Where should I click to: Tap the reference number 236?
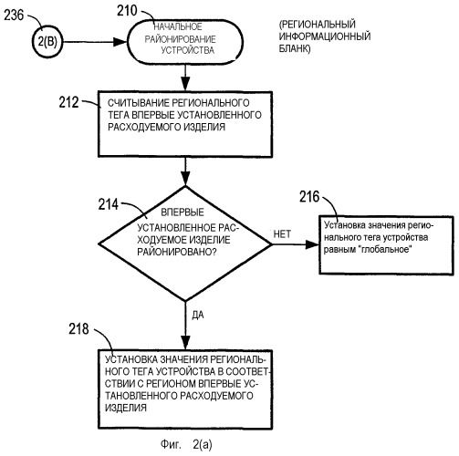pos(14,15)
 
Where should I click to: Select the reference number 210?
pos(127,11)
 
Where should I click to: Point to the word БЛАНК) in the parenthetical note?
pos(295,48)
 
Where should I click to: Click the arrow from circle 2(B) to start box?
pos(95,42)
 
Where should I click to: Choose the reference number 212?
pos(68,102)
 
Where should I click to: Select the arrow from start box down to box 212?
pos(185,78)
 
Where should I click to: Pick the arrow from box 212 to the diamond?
pos(185,171)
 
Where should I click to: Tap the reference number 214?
pos(108,204)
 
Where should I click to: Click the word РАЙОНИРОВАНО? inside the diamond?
pos(176,252)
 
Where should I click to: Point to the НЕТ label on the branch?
pos(282,234)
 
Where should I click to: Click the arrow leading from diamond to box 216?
pos(296,244)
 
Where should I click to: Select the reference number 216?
pos(309,197)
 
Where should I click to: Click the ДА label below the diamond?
pos(198,316)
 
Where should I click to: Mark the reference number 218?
pos(78,329)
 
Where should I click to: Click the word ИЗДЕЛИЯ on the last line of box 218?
pos(126,408)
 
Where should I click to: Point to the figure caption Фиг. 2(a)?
pos(186,444)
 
